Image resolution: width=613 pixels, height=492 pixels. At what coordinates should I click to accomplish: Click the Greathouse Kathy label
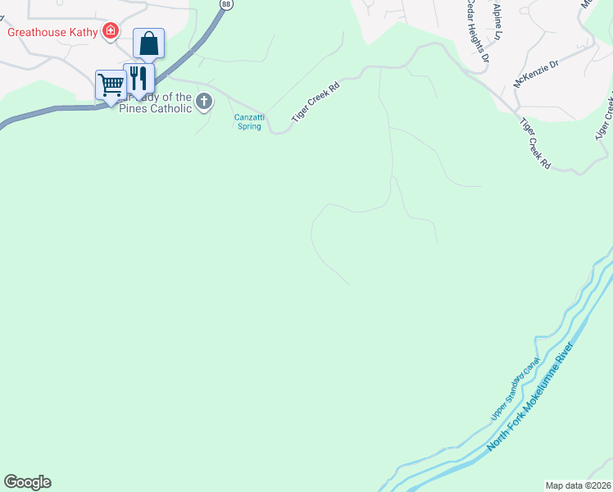(x=52, y=33)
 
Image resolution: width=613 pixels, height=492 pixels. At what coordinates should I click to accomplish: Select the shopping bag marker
(x=149, y=43)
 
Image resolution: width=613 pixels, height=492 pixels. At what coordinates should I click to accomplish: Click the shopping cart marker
(x=111, y=84)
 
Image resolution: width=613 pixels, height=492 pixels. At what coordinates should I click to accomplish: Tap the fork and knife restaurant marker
(x=138, y=79)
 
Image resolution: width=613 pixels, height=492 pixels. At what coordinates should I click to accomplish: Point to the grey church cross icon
(x=203, y=102)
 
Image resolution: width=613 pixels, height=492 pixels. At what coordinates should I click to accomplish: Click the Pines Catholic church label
(x=156, y=108)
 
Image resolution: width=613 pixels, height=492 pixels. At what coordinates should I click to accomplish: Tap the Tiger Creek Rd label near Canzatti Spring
(x=316, y=102)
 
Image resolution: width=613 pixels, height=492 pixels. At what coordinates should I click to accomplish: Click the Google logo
(x=27, y=482)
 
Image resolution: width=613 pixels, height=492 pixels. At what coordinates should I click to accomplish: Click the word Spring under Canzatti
(x=249, y=126)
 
